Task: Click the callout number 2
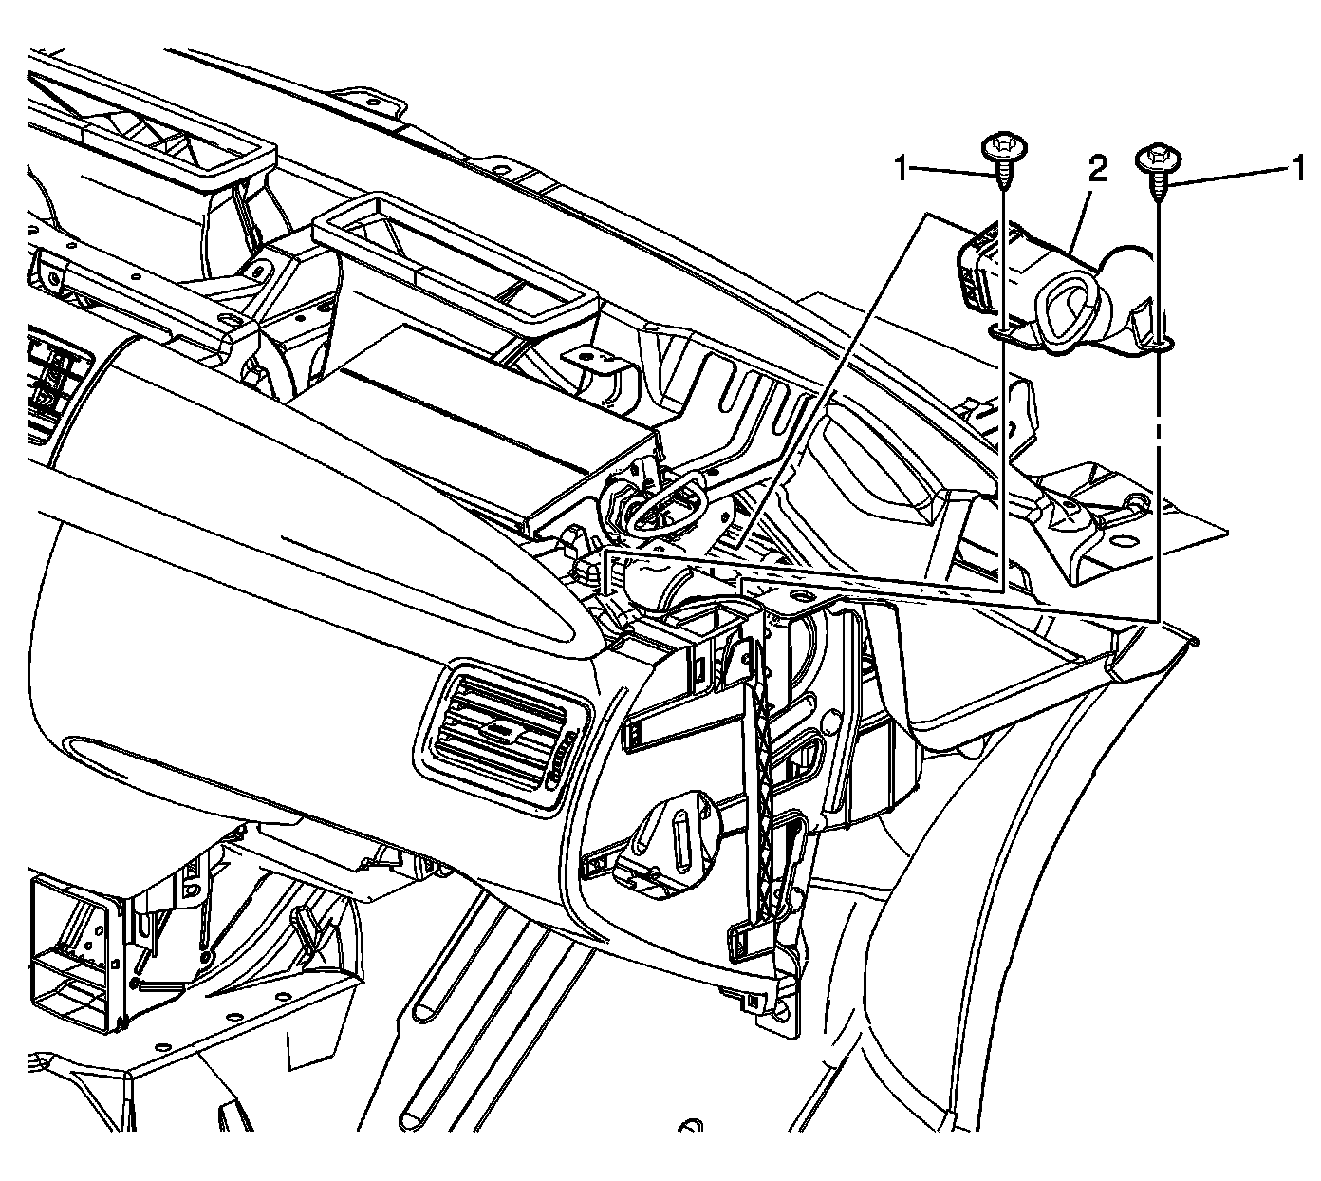point(1097,171)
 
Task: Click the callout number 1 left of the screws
point(903,171)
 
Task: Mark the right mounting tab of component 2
point(1160,338)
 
